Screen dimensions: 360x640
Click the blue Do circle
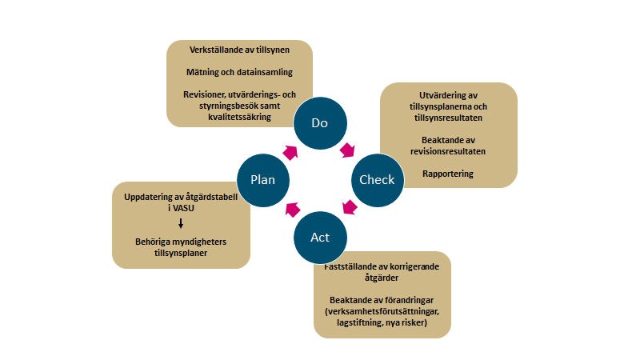(319, 124)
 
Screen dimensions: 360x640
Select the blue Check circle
(377, 179)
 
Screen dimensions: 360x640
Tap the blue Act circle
(320, 237)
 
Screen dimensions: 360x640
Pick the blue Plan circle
(262, 179)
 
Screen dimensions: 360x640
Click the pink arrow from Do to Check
(349, 150)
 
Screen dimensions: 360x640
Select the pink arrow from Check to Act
(349, 209)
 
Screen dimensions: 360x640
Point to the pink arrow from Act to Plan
(291, 209)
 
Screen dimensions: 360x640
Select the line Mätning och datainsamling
(238, 73)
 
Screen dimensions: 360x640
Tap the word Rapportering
(448, 174)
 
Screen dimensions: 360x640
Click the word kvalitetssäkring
(238, 117)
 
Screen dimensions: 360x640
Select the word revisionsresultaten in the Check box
(448, 150)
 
